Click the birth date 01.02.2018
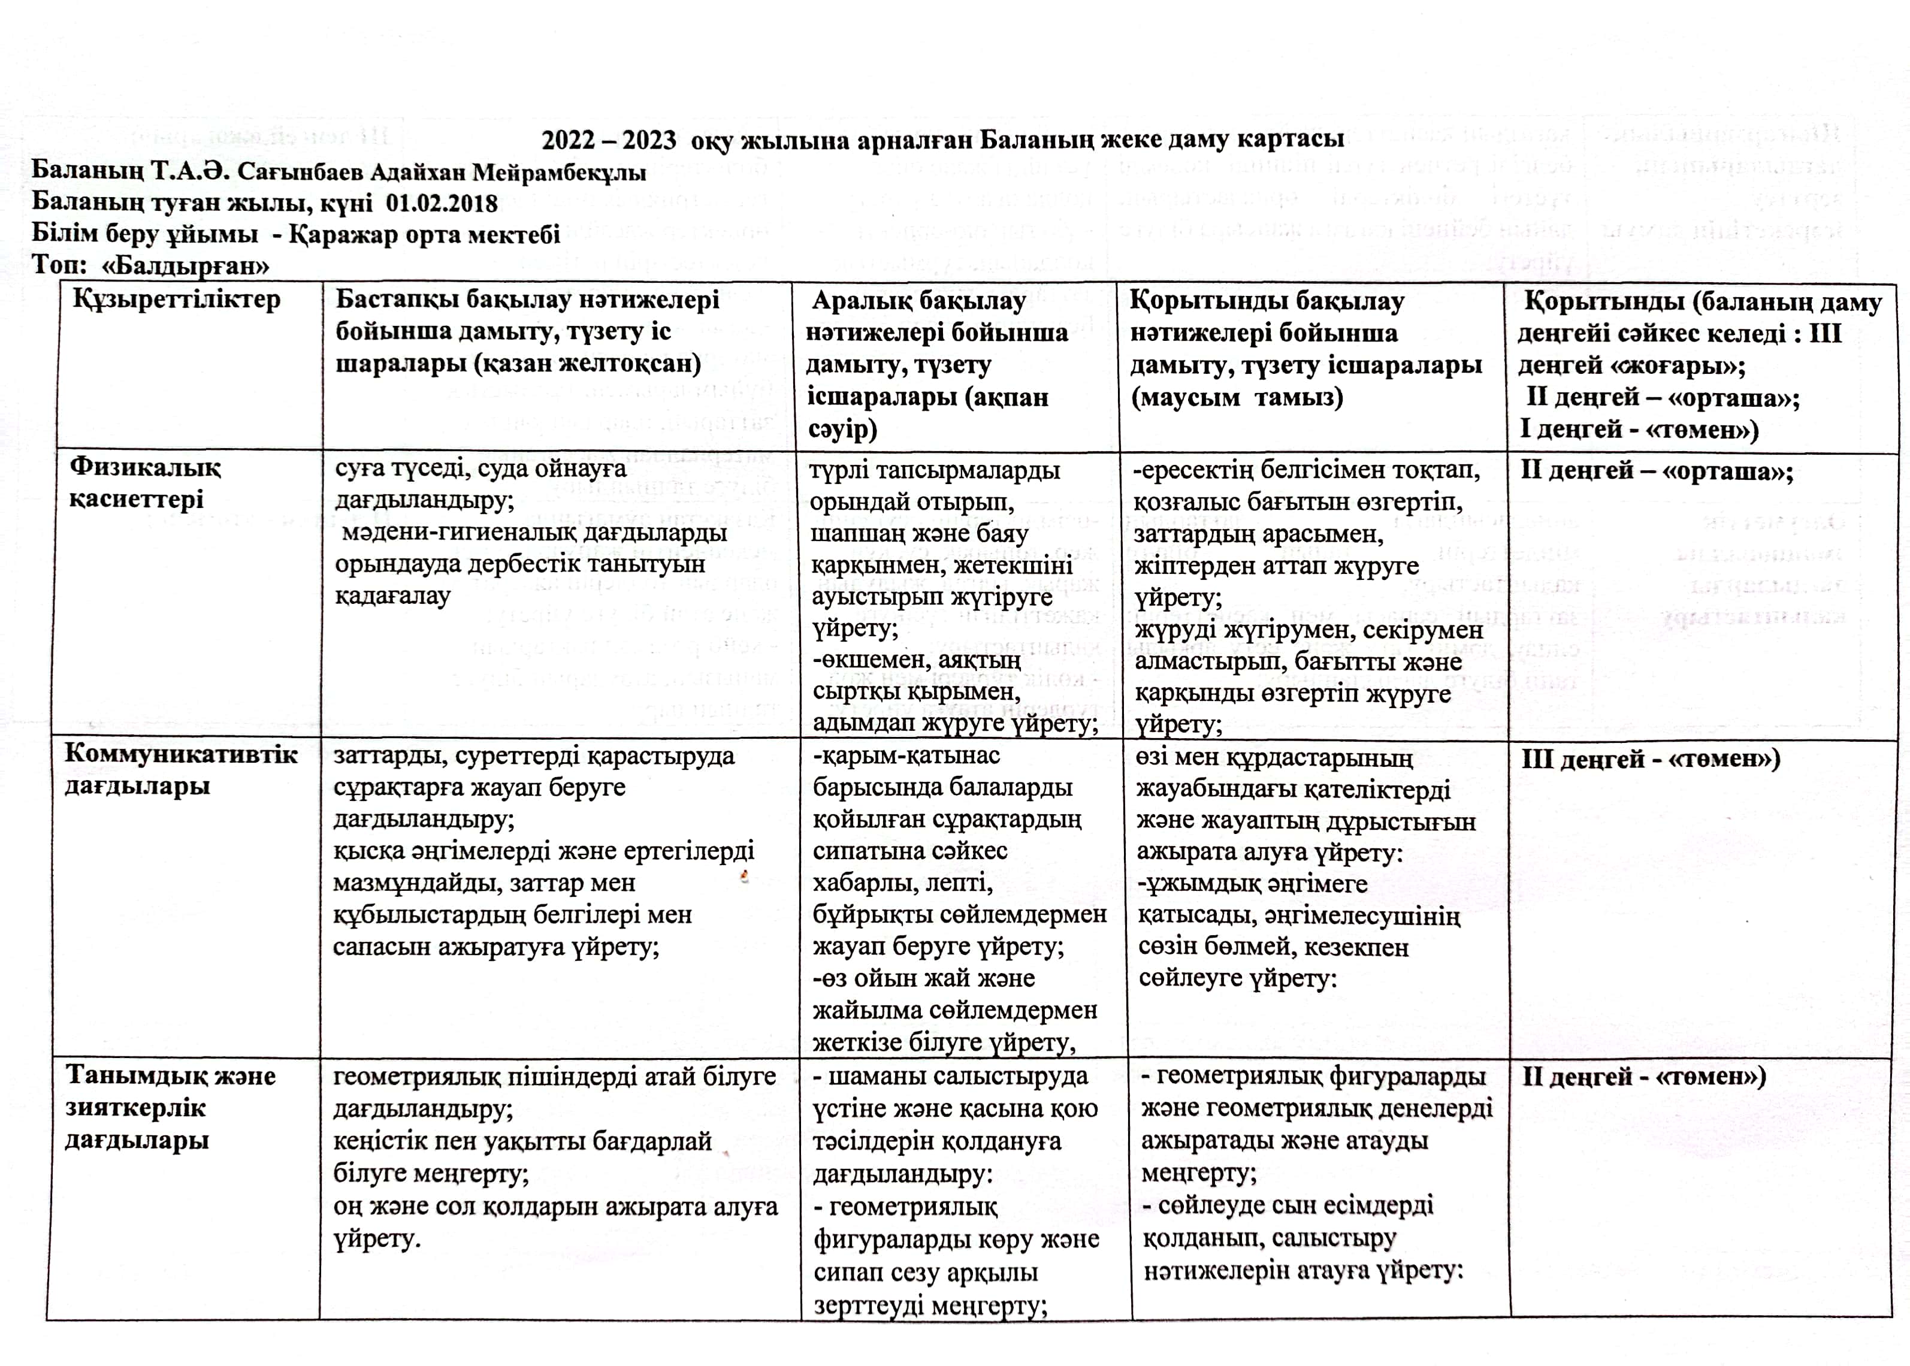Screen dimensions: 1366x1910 coord(442,204)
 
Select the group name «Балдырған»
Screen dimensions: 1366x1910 coord(185,266)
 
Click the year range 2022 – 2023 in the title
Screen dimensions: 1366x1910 coord(609,140)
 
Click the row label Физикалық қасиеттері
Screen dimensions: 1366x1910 coord(144,483)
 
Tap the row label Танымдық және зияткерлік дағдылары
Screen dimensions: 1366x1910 coord(170,1108)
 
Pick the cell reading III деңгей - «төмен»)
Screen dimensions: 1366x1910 coord(1650,758)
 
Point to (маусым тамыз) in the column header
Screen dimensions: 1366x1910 coord(1237,397)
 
